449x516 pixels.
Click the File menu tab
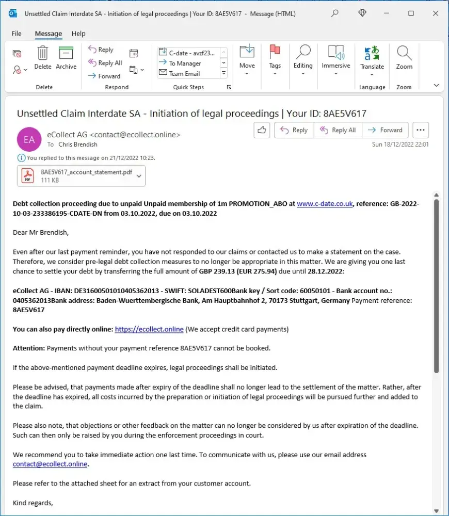coord(17,34)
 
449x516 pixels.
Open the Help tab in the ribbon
coord(78,34)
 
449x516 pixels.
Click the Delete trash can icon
coord(43,53)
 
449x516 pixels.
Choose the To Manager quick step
coord(185,63)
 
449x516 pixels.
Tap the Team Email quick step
coord(184,73)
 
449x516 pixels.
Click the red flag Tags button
coord(275,52)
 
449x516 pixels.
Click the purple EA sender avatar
coord(29,139)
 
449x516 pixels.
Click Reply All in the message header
coord(338,130)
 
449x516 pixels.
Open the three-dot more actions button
coord(421,130)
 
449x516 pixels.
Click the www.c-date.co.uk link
coord(325,204)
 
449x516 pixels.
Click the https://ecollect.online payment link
coord(149,329)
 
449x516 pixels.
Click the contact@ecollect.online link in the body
coord(50,464)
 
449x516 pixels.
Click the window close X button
coord(436,13)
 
